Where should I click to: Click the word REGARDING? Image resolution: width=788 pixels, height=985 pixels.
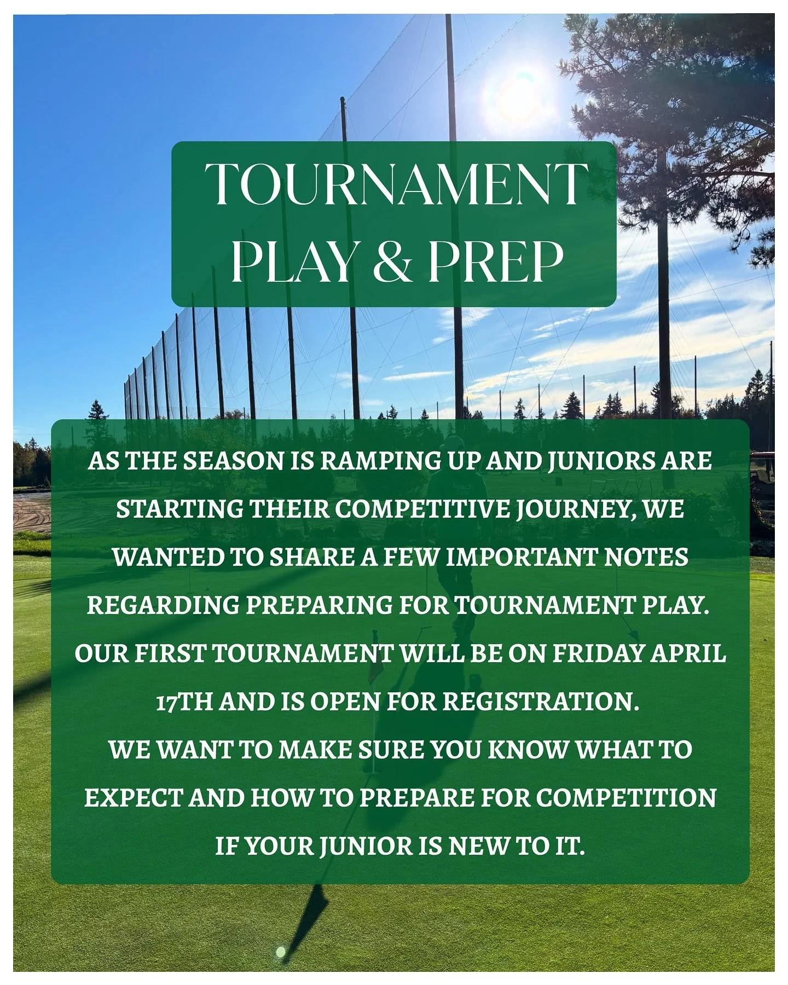[x=163, y=605]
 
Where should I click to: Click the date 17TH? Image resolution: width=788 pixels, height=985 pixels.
[x=184, y=702]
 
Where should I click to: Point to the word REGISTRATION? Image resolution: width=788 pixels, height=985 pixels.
[x=541, y=702]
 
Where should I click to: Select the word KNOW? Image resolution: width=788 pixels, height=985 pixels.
[x=526, y=750]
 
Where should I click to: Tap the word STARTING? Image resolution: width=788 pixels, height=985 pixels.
[x=179, y=509]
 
